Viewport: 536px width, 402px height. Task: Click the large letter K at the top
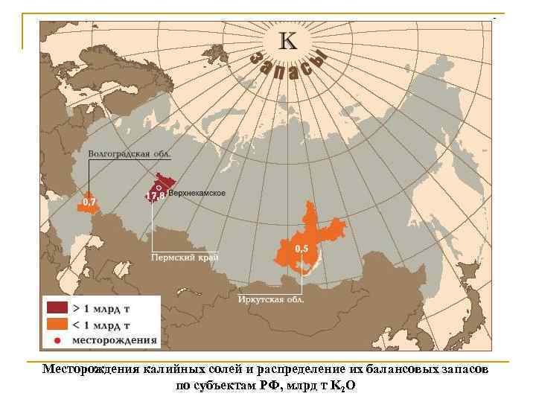[x=287, y=42]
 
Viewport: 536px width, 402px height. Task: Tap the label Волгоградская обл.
[x=130, y=155]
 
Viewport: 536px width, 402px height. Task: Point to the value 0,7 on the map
[x=89, y=202]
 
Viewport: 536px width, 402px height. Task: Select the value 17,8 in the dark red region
[x=155, y=196]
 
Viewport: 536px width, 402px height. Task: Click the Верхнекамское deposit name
[x=197, y=194]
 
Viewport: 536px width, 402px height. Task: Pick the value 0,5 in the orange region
[x=302, y=248]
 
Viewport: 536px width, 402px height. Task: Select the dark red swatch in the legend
[x=57, y=307]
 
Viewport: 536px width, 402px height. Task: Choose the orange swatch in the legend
[x=57, y=325]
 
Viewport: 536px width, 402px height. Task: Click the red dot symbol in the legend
[x=57, y=341]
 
